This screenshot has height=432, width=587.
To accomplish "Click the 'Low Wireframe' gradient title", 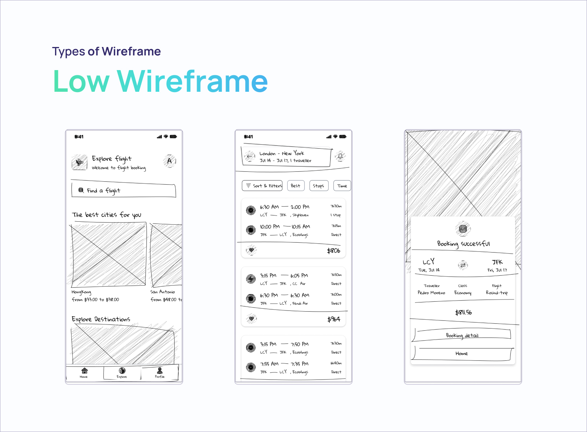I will [x=160, y=81].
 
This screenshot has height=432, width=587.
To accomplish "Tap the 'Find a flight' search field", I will [x=123, y=190].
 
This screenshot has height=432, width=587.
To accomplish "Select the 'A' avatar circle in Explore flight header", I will [x=169, y=161].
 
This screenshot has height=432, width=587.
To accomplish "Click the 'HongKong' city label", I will [x=81, y=292].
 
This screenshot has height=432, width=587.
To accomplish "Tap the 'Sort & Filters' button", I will [x=262, y=186].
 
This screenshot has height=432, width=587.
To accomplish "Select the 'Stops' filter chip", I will [x=318, y=186].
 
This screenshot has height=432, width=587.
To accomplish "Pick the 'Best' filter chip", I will [x=295, y=186].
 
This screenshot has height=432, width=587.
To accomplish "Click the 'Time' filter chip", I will [x=342, y=186].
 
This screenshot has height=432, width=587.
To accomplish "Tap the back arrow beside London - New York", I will [x=249, y=156].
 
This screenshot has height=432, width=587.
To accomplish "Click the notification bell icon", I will [x=340, y=156].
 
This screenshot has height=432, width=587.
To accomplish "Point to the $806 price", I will [x=333, y=251].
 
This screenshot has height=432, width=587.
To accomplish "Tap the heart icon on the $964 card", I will [x=251, y=319].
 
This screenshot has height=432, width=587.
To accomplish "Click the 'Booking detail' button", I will [x=462, y=335].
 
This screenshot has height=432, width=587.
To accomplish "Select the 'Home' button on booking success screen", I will [x=462, y=353].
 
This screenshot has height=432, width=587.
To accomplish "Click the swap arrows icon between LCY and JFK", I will [x=463, y=265].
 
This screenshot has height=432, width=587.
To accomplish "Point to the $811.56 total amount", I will [x=463, y=312].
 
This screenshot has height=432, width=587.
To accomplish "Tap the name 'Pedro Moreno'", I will [x=431, y=293].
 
